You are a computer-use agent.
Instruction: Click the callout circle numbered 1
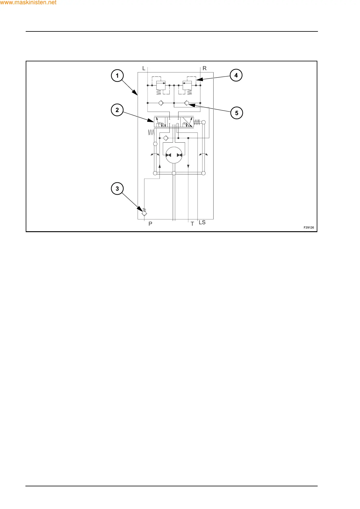point(117,76)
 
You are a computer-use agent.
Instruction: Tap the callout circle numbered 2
point(117,110)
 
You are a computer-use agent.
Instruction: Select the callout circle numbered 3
point(117,189)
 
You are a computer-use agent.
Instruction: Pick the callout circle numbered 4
point(236,75)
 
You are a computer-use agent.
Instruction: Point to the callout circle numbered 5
point(237,113)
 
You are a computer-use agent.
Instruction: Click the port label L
point(144,68)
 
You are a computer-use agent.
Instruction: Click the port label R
point(205,68)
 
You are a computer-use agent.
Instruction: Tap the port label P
point(150,224)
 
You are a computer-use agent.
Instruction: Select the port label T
point(192,224)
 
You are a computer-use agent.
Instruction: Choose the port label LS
point(202,222)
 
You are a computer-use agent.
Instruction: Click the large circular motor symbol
point(174,155)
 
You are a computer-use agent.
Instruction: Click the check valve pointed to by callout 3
point(144,213)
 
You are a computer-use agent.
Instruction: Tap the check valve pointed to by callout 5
point(187,103)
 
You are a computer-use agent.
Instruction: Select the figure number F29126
point(309,228)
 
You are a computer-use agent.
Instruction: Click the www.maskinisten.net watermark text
point(28,3)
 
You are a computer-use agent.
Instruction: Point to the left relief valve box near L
point(161,85)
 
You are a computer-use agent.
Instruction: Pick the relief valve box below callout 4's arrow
point(187,85)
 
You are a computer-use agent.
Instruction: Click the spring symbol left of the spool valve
point(151,132)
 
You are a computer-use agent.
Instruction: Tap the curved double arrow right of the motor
point(203,154)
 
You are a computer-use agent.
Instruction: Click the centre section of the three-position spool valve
point(174,122)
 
